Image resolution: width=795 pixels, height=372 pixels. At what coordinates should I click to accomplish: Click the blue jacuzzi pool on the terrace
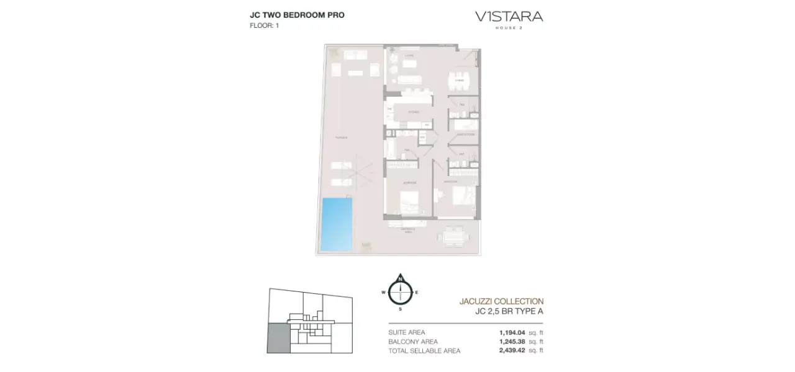[337, 224]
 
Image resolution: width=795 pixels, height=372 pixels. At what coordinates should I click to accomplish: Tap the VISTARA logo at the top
[509, 17]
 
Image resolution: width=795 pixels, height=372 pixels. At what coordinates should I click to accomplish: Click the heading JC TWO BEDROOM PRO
[297, 15]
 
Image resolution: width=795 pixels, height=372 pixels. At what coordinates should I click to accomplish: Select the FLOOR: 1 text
[264, 25]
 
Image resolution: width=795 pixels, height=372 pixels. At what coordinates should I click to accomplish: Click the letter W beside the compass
[383, 292]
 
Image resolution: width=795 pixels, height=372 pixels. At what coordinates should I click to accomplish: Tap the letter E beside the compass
[417, 292]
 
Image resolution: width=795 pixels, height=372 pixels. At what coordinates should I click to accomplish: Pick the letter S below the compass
[401, 308]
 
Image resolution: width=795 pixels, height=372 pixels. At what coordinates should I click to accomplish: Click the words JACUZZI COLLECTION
[501, 301]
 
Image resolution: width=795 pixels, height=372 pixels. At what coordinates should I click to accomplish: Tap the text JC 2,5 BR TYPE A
[509, 311]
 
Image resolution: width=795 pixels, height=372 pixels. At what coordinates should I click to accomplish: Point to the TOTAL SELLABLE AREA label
[424, 350]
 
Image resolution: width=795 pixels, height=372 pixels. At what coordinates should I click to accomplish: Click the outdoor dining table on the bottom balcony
[453, 236]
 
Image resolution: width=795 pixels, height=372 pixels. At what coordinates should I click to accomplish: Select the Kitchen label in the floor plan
[414, 112]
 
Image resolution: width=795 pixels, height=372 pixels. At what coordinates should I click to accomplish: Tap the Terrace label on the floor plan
[341, 137]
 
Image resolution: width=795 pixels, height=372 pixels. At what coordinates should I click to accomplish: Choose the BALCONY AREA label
[412, 342]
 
